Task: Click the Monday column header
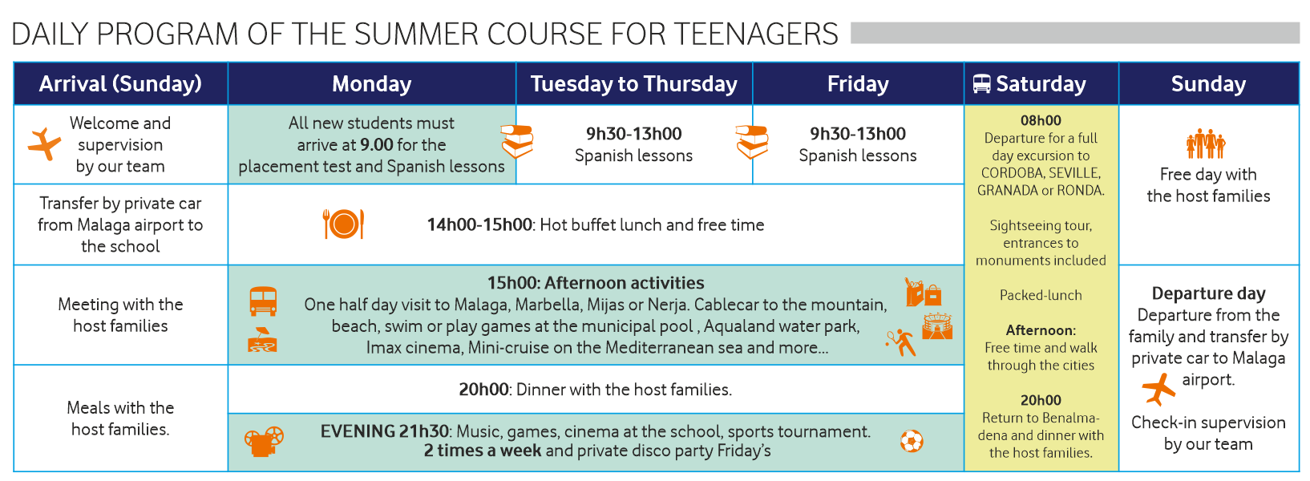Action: coord(372,84)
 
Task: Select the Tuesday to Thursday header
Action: coord(634,84)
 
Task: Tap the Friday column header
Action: coord(858,84)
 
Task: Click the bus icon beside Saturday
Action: coord(982,83)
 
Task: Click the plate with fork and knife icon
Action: coord(343,224)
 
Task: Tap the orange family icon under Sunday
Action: coord(1206,143)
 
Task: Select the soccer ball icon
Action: coord(912,441)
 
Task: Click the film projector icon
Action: coord(265,441)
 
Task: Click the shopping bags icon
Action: coord(923,293)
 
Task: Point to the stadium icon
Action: coord(937,326)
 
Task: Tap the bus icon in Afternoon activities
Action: coord(263,301)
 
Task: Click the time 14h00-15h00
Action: coord(479,225)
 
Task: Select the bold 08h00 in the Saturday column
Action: coord(1041,121)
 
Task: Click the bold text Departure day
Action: coord(1209,293)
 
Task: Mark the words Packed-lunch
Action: coord(1041,295)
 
